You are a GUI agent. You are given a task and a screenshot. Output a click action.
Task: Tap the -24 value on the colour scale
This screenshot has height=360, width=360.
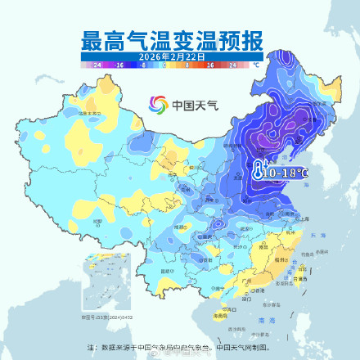(x=97, y=63)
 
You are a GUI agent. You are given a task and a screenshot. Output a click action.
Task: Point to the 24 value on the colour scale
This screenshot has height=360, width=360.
(x=232, y=63)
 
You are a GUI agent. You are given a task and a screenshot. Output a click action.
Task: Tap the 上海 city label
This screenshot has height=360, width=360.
(x=304, y=219)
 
